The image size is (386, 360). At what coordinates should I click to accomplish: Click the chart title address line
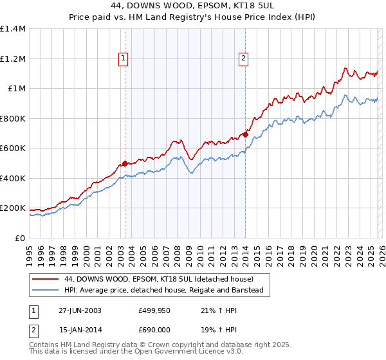(193, 6)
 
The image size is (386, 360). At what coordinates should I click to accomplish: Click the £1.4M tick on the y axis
(13, 29)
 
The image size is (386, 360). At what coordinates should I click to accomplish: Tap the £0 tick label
(20, 238)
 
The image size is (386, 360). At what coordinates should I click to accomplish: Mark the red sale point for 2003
(125, 163)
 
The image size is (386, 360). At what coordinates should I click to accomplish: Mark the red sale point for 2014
(245, 134)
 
